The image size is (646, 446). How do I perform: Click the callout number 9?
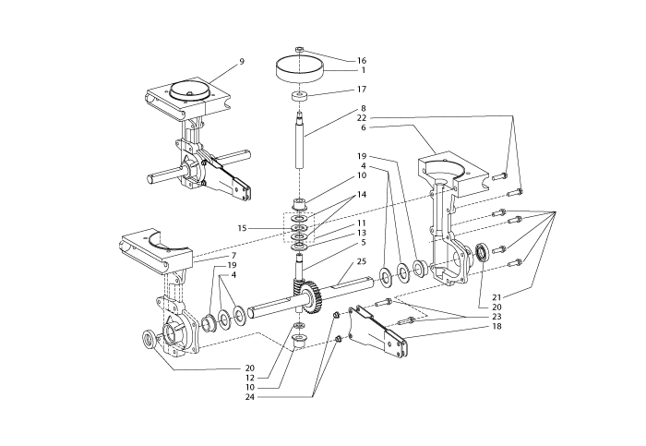pyautogui.click(x=241, y=62)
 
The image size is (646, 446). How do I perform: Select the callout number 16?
pyautogui.click(x=362, y=60)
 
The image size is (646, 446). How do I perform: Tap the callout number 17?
pyautogui.click(x=362, y=90)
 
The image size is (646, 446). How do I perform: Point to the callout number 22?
pyautogui.click(x=362, y=118)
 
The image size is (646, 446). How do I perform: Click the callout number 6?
pyautogui.click(x=362, y=127)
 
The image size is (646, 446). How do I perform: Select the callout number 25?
pyautogui.click(x=362, y=262)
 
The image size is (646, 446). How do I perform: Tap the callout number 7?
pyautogui.click(x=233, y=256)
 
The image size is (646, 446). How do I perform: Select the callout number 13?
pyautogui.click(x=362, y=233)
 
